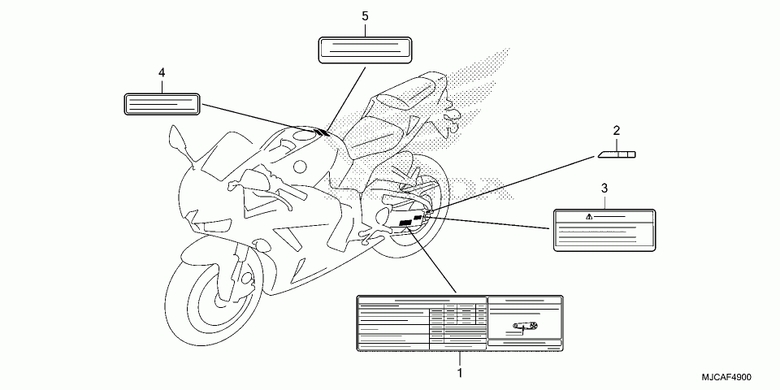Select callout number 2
click(617, 130)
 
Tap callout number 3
click(604, 188)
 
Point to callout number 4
click(162, 73)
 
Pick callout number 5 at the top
click(364, 16)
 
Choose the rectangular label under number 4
click(162, 103)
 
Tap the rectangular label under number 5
click(363, 49)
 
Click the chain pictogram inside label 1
click(523, 327)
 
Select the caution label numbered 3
click(604, 229)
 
